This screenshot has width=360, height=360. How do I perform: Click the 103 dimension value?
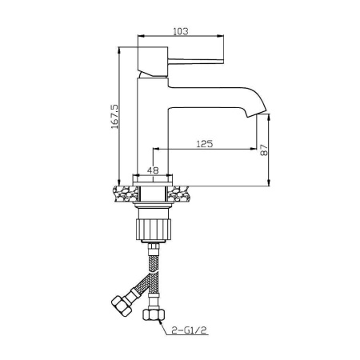point(181,31)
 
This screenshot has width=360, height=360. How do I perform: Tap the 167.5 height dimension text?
point(114,117)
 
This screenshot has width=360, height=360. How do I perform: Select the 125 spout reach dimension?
point(205,144)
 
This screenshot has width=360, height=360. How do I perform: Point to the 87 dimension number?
point(264,150)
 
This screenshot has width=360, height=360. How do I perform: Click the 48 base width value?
point(153,170)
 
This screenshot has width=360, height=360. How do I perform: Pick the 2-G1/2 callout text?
point(190,330)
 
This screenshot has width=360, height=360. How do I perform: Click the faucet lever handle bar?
point(195,61)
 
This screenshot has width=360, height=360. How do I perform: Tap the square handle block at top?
point(153,62)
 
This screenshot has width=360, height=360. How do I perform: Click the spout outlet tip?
point(256,113)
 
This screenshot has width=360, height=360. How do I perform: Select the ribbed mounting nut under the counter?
point(153,230)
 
